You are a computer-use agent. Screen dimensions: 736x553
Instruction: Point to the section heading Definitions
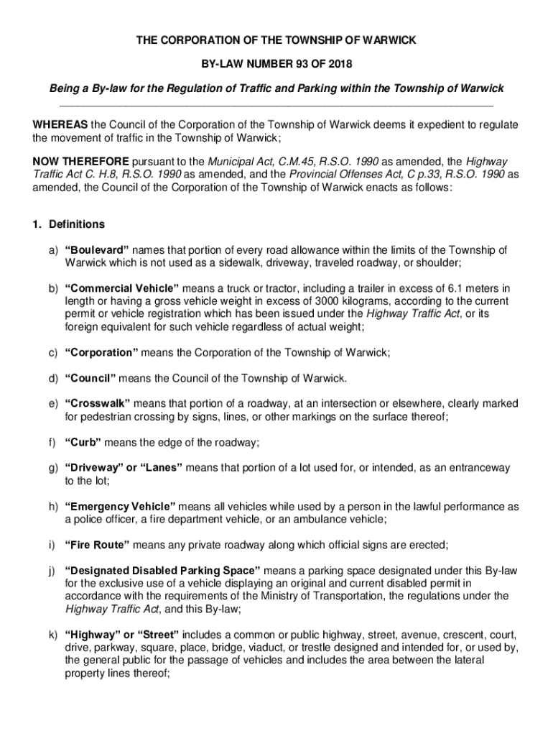(77, 224)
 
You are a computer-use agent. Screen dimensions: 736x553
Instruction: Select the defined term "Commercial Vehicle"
(110, 289)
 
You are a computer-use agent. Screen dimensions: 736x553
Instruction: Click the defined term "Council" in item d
(90, 378)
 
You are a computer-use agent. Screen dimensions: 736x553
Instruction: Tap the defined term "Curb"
(83, 442)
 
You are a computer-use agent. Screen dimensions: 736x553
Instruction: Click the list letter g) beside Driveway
(53, 468)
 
